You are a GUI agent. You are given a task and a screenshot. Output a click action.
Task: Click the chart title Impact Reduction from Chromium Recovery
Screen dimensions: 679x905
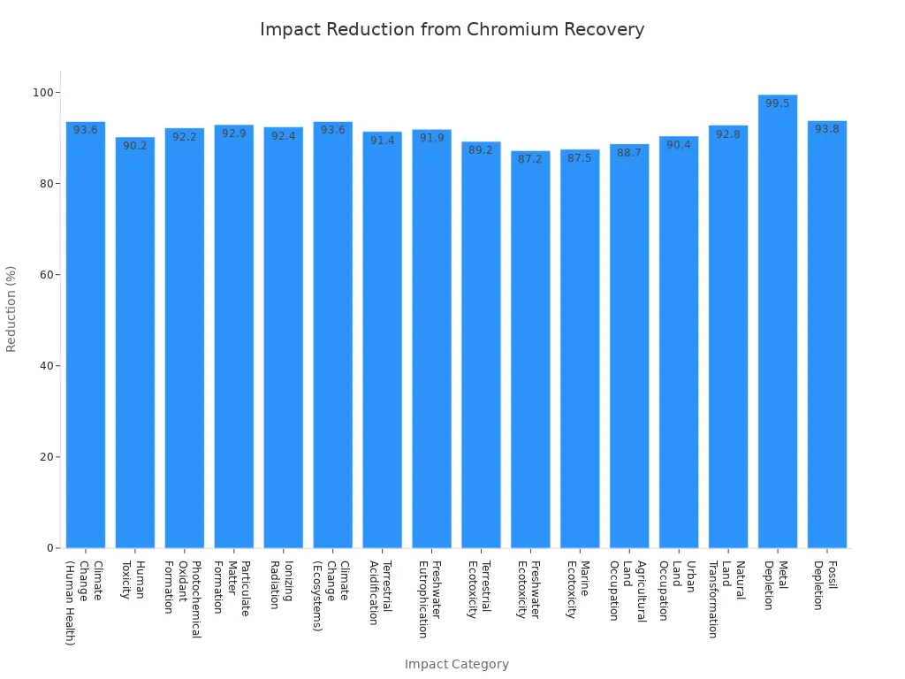click(452, 29)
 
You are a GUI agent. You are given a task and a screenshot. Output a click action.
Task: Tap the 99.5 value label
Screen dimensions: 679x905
click(778, 103)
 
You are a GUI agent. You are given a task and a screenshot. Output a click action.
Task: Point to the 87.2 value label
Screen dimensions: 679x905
click(530, 159)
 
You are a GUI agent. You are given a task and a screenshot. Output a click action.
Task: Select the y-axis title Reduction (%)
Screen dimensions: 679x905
click(11, 309)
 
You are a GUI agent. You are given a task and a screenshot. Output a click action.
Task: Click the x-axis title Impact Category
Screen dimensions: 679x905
click(456, 664)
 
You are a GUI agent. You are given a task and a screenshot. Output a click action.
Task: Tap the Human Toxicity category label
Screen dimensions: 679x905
click(133, 580)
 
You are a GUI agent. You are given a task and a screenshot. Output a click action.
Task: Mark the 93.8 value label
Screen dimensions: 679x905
click(827, 129)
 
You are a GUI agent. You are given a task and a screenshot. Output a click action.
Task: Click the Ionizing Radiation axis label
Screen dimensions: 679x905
click(281, 584)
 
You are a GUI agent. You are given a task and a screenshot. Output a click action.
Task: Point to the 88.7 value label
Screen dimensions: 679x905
click(629, 153)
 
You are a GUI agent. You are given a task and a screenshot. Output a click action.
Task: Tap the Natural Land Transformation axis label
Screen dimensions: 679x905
click(726, 599)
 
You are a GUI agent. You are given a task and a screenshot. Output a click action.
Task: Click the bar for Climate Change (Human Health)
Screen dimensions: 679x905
click(86, 335)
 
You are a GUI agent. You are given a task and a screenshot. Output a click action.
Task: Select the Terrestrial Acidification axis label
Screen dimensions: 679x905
click(380, 592)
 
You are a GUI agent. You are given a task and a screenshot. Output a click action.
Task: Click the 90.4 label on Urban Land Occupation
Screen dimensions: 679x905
click(679, 145)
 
